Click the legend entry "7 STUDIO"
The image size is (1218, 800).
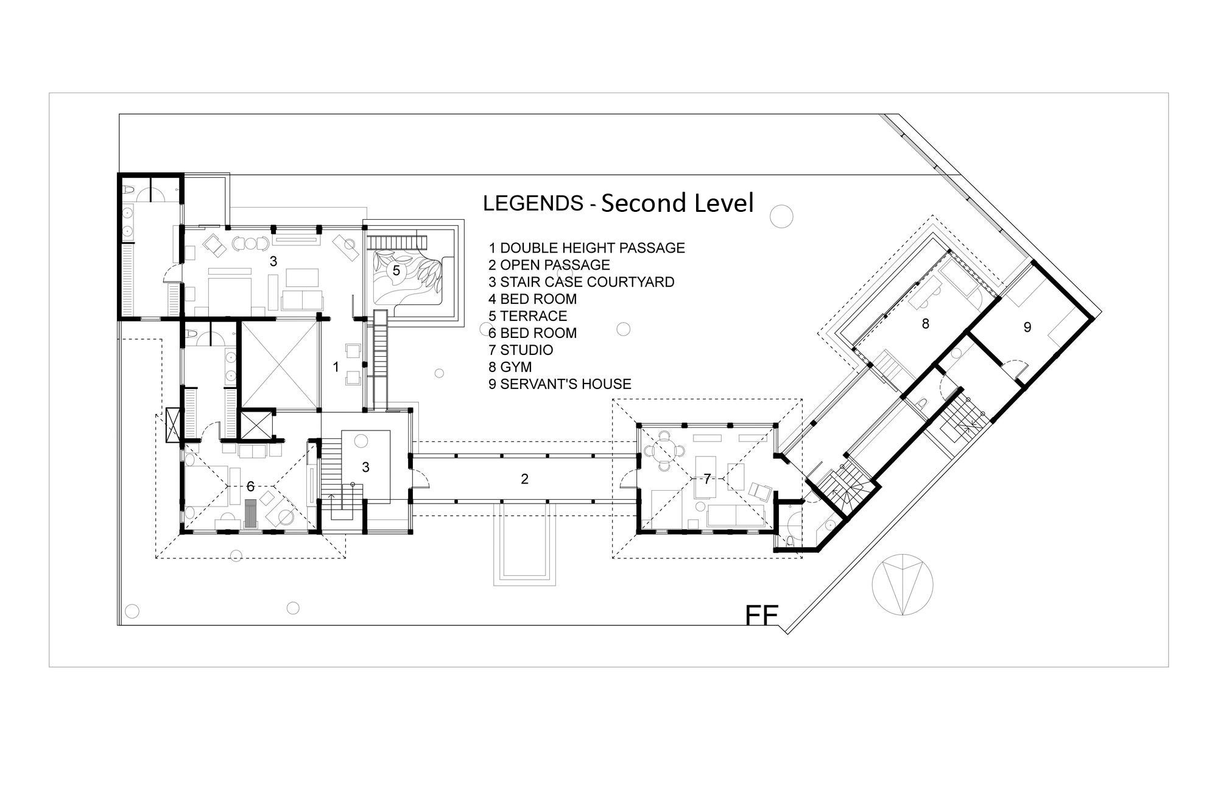coord(521,350)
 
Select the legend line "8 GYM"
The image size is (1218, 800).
coord(510,367)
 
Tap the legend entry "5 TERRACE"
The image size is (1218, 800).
coord(528,316)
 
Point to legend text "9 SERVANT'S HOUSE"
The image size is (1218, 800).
coord(560,384)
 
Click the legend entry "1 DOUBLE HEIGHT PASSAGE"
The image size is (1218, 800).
coord(587,248)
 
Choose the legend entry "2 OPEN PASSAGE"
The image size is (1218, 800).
coord(549,265)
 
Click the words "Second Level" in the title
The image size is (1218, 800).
coord(677,203)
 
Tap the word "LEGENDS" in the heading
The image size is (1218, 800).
coord(533,203)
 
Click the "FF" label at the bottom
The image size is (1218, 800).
coord(762,616)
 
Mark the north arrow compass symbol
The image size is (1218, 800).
coord(902,585)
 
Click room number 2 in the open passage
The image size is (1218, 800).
coord(524,479)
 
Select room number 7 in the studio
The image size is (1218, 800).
coord(707,479)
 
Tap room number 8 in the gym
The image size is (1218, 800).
coord(926,324)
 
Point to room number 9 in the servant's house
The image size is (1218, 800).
coord(1027,328)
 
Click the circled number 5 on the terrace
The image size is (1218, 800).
coord(396,270)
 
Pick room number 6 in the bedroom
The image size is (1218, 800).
coord(250,486)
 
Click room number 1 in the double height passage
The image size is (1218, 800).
coord(336,367)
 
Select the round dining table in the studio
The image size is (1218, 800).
coord(664,451)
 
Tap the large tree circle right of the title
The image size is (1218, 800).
coord(781,216)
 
